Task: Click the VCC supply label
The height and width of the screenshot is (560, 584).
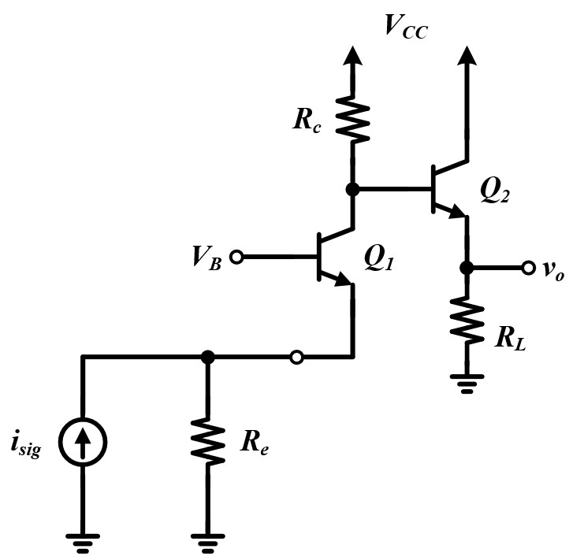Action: click(x=405, y=26)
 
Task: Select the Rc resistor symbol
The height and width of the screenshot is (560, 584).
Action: click(x=352, y=116)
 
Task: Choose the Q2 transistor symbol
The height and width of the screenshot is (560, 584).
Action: click(x=445, y=190)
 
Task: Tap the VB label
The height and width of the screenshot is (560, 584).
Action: click(x=206, y=258)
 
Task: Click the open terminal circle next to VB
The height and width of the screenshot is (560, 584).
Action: click(x=236, y=257)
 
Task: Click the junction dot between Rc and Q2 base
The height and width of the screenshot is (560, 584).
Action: click(x=352, y=189)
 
